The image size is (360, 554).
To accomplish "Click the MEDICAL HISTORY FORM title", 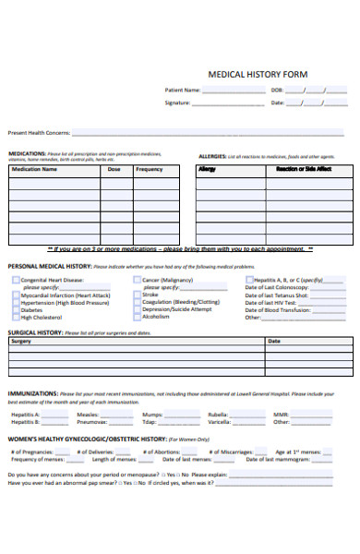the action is point(258,73).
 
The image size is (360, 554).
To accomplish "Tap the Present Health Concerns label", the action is point(40,133).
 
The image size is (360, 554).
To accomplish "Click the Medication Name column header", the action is point(35,169).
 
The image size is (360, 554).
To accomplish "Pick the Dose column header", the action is point(114,169).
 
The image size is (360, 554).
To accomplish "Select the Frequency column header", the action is point(149,169).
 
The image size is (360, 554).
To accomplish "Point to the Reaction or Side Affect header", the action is point(304,169).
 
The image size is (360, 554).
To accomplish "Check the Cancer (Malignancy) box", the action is point(137,279).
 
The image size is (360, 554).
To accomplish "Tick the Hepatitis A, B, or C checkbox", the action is point(249,279).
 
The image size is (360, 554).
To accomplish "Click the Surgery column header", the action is point(21,341).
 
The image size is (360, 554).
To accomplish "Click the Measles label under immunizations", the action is point(89,415).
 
